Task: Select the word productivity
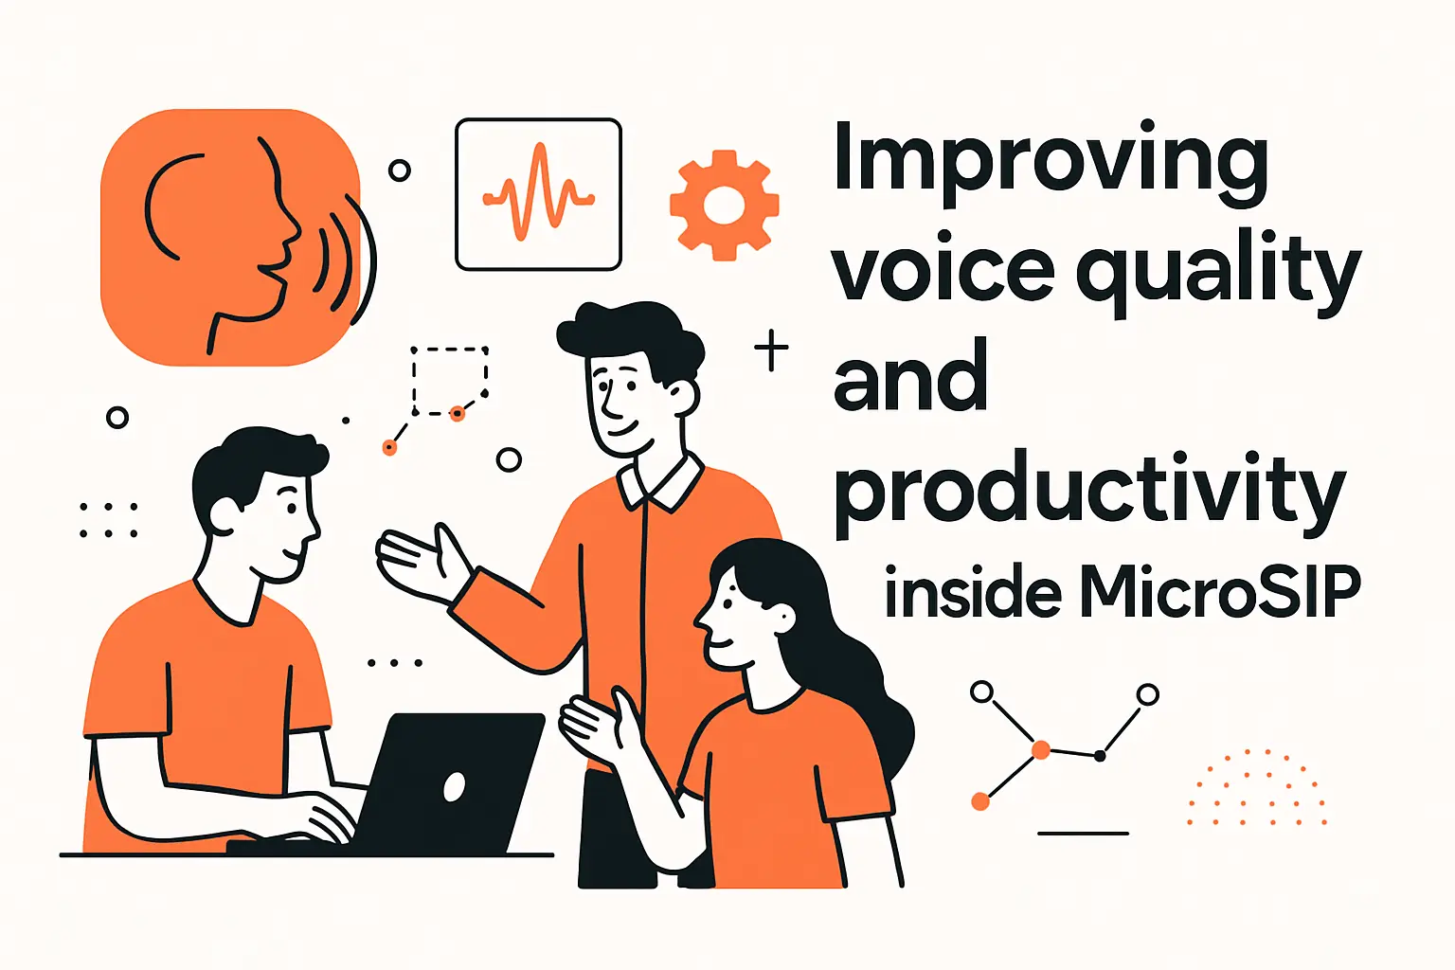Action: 1089,491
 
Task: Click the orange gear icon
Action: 724,205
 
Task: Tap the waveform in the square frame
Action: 538,194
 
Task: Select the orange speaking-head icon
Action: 231,237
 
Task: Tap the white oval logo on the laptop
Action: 455,786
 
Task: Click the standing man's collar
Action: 660,481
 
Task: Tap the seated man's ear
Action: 224,514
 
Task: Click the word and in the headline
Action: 910,379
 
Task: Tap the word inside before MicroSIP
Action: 973,593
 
